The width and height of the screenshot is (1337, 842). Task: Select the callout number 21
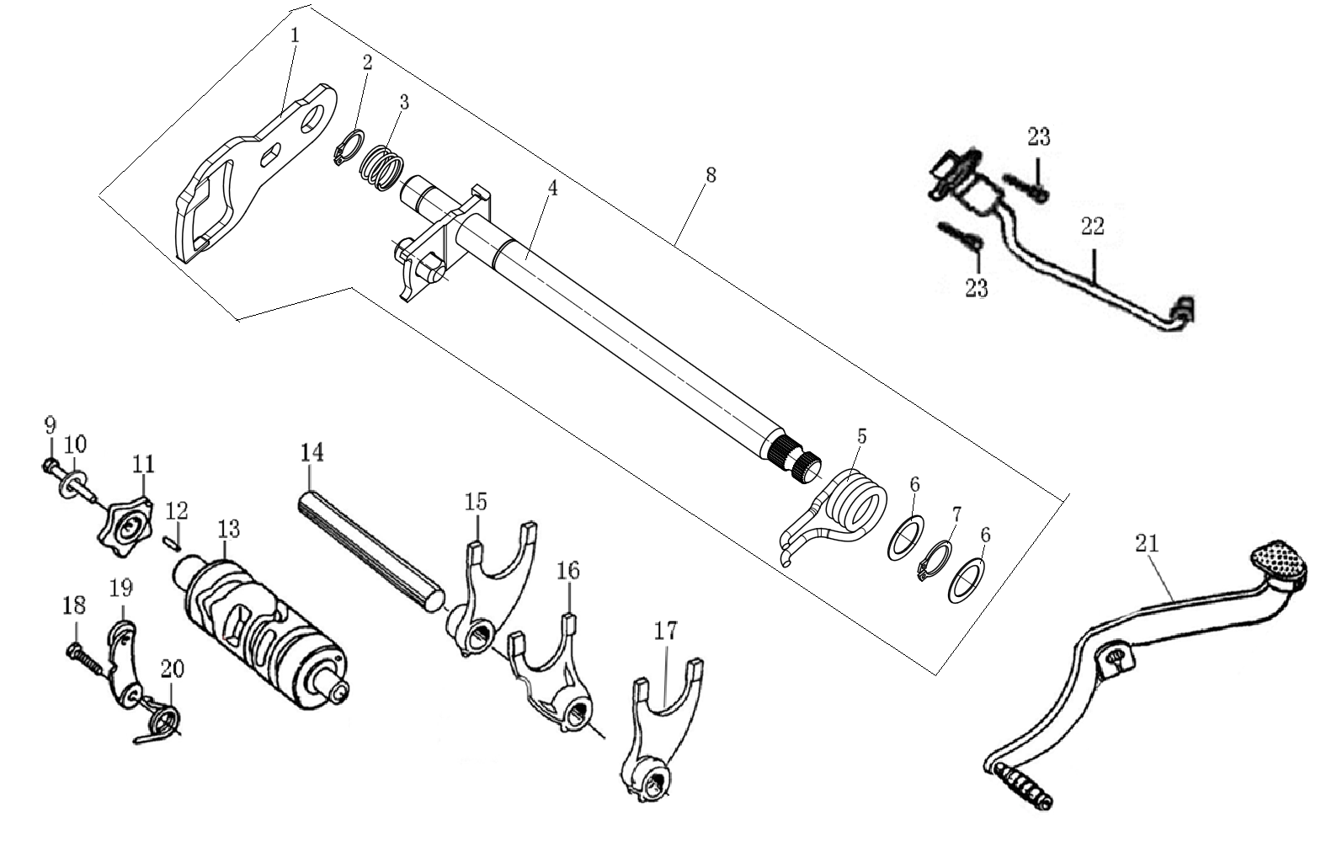point(1146,544)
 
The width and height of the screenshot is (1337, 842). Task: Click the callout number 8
point(711,175)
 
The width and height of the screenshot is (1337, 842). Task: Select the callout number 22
point(1092,226)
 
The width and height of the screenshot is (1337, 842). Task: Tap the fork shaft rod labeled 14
point(370,547)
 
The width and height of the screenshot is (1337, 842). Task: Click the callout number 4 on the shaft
point(551,188)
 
